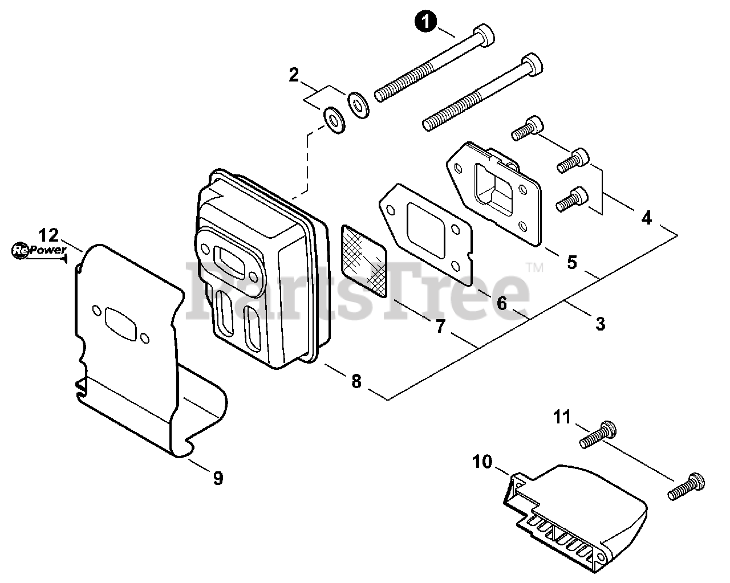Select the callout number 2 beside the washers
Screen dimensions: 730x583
(x=294, y=75)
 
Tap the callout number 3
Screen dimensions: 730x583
(x=601, y=324)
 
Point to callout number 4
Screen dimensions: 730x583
(x=647, y=218)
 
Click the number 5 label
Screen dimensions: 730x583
(x=572, y=262)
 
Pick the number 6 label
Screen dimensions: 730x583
(x=501, y=303)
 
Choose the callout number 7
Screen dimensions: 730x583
(x=440, y=327)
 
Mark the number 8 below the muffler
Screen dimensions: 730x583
(x=356, y=381)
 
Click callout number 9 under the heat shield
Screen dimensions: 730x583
(x=218, y=478)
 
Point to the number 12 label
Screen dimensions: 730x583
(x=48, y=235)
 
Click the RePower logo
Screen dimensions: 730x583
(x=39, y=251)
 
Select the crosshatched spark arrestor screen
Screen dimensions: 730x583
(x=364, y=260)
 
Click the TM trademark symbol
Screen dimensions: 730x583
(x=535, y=268)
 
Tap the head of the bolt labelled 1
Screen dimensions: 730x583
(x=484, y=36)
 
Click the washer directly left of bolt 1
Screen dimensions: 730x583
(x=358, y=105)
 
